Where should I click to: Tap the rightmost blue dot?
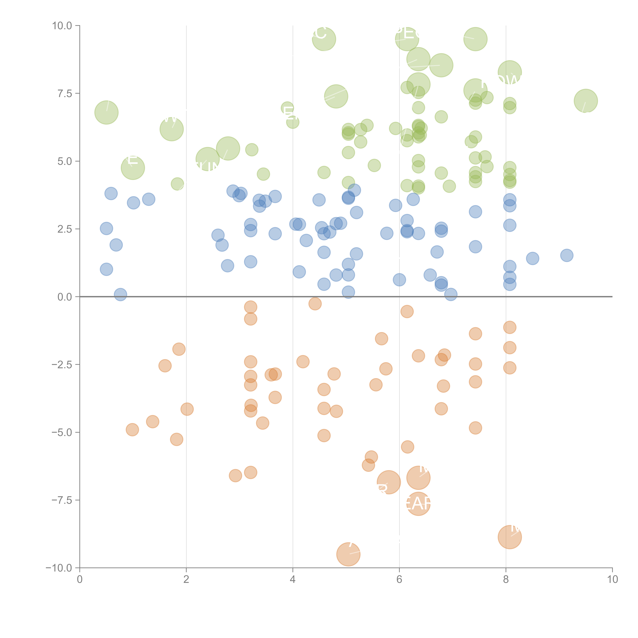point(567,255)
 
